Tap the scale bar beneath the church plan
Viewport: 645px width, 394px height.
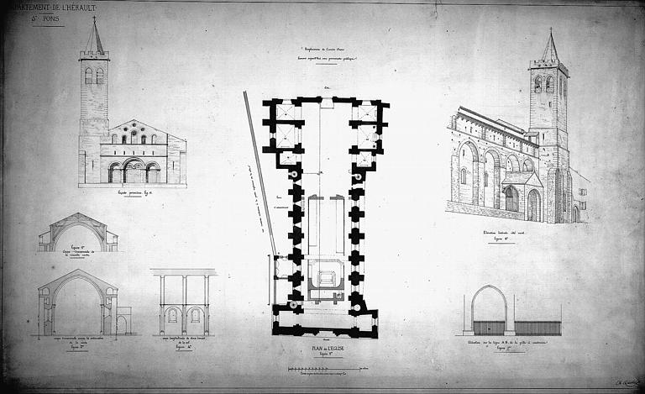tap(328, 369)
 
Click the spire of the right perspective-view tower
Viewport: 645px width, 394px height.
tap(550, 47)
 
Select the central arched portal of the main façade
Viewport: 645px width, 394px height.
tap(133, 171)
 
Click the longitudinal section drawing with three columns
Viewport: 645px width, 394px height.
tap(184, 302)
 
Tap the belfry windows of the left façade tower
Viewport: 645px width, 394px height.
tap(94, 76)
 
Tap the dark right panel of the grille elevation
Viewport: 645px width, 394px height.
tap(537, 328)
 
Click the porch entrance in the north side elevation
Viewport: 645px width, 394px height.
tap(511, 199)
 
